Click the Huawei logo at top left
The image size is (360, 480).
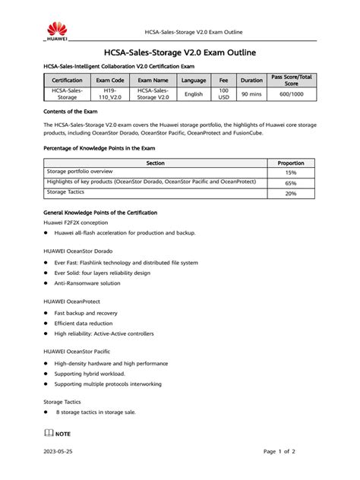point(56,30)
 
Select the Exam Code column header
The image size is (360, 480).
point(110,80)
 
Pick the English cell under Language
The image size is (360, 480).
point(194,94)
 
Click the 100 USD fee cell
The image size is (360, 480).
point(223,94)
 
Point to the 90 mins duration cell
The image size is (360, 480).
point(251,94)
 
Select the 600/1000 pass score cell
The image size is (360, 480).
point(291,94)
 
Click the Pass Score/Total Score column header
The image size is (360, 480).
point(291,80)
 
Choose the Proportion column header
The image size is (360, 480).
point(291,162)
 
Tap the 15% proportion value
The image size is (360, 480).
point(291,172)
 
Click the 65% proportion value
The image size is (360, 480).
point(291,183)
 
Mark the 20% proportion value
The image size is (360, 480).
point(291,194)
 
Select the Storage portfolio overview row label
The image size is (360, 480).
point(80,172)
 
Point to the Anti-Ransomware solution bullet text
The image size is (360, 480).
point(87,283)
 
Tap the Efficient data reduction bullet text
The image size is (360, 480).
point(89,323)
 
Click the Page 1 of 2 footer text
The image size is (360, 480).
point(279,451)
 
